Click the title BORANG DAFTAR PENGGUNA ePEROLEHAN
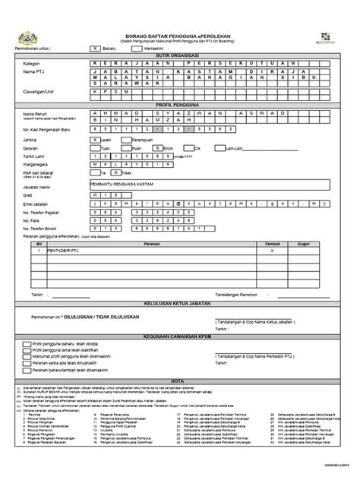[181, 36]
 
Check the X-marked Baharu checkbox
[95, 47]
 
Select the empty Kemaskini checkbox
[136, 47]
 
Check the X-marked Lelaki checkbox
[94, 141]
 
